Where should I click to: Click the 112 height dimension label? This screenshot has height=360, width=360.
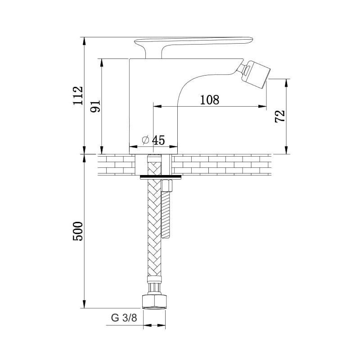coord(78,95)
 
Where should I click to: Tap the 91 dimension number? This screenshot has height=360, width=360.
coord(95,106)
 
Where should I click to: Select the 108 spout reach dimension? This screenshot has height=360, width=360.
coord(210,100)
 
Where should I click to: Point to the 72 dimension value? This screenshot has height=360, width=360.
coord(280,116)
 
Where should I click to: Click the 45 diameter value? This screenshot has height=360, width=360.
coord(159,140)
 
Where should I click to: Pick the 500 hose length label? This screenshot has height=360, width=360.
coord(77,231)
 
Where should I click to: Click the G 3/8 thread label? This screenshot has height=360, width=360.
coord(124,318)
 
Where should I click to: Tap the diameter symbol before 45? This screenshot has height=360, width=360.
coord(145,140)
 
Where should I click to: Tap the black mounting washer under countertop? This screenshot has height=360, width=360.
coord(161,177)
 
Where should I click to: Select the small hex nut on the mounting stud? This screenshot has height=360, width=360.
coord(166,186)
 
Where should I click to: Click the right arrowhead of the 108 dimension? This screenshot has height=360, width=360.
coord(262,106)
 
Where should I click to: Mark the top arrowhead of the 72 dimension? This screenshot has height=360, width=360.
coord(286,83)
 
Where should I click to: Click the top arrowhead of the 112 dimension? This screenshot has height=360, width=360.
coord(84,41)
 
